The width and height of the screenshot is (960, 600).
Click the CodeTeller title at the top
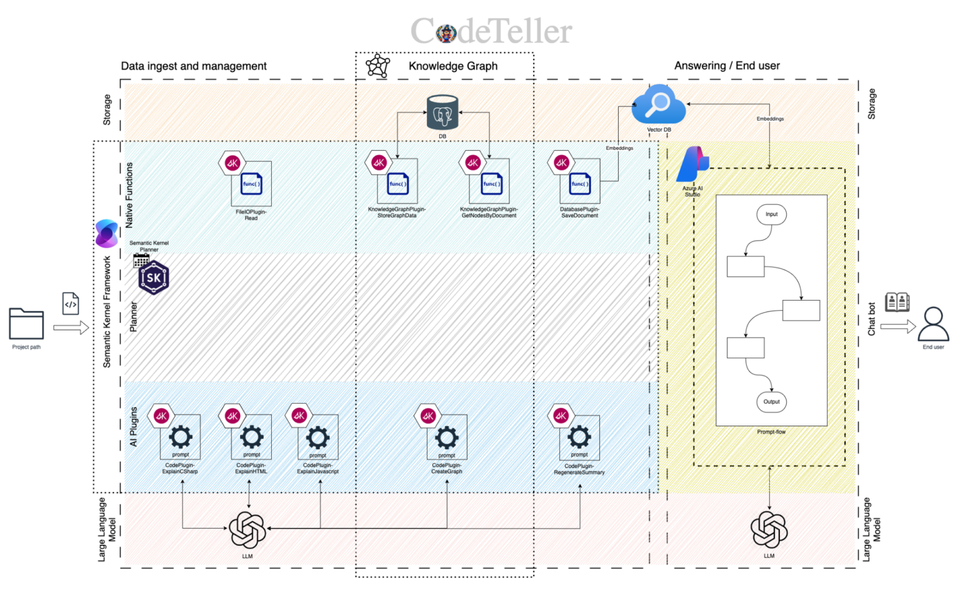(491, 31)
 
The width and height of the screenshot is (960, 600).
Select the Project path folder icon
(26, 324)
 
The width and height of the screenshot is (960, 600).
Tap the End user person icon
(933, 324)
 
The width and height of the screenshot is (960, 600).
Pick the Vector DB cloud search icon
(658, 104)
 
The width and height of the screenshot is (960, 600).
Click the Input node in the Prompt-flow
(771, 214)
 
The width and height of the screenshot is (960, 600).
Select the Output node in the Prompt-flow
(771, 402)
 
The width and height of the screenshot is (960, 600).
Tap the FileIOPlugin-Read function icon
(251, 184)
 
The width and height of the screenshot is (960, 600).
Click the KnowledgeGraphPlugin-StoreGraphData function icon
(397, 183)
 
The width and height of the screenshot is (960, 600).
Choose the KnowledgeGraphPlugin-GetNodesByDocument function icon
(491, 183)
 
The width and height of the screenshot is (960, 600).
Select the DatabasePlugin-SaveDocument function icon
(579, 183)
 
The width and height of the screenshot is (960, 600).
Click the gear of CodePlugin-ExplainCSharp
(181, 436)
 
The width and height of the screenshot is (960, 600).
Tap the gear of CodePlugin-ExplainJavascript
(317, 437)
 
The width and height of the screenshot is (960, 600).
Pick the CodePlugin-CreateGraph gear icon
(447, 437)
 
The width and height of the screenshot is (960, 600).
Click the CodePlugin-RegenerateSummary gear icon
(579, 436)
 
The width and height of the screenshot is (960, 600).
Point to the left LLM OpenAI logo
(247, 530)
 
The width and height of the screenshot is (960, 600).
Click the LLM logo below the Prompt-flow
(769, 529)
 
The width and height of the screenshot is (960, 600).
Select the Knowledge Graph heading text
(453, 66)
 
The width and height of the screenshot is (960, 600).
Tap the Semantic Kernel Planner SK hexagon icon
(154, 277)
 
